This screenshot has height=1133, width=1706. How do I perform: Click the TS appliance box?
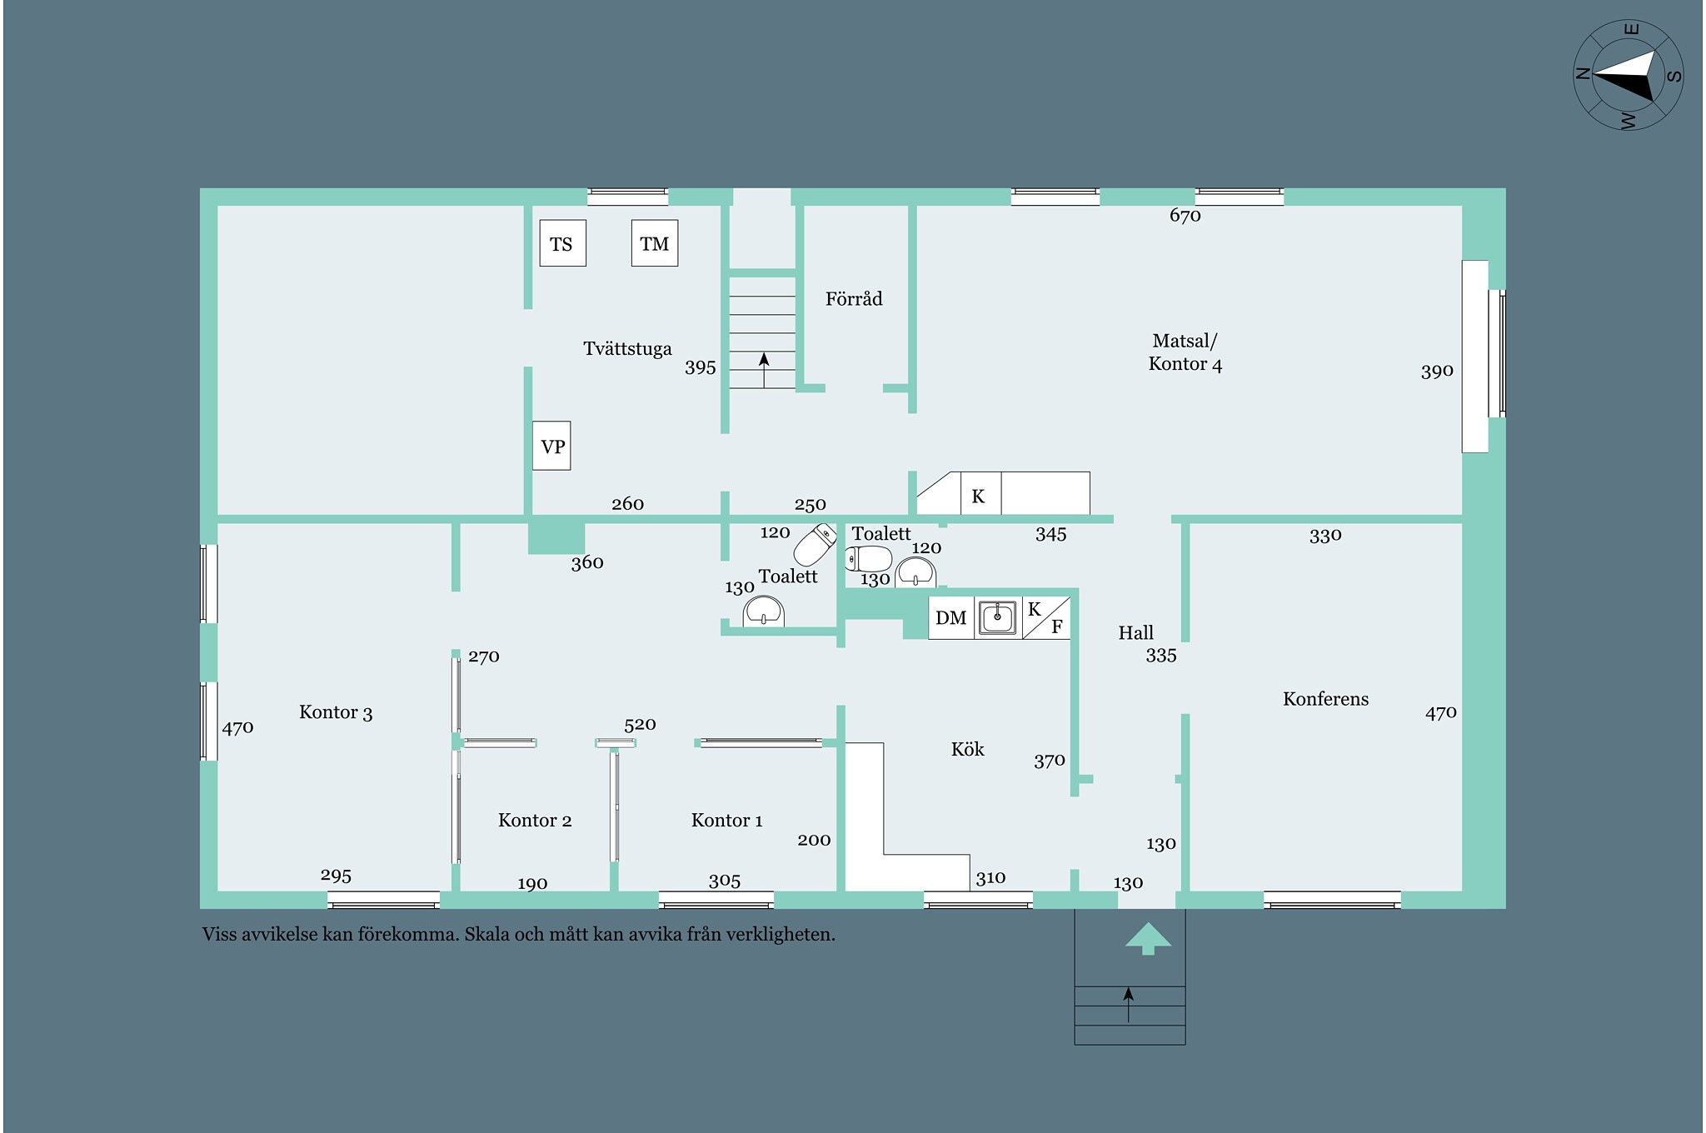(562, 243)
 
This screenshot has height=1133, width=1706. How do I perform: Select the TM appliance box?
(655, 243)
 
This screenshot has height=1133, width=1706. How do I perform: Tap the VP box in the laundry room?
(551, 446)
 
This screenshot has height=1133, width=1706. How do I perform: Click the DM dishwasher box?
(951, 617)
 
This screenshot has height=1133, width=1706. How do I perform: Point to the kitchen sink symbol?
(997, 617)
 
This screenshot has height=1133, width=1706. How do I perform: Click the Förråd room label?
(854, 298)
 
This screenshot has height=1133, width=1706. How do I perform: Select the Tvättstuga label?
(627, 348)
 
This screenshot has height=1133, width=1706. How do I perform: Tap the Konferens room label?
(1325, 699)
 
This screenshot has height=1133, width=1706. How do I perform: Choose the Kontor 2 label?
(535, 821)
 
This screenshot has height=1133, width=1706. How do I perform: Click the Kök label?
(967, 749)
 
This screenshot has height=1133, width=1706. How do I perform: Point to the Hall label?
(1135, 632)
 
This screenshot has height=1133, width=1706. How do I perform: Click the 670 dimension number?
(1185, 216)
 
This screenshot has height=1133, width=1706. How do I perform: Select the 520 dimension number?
(640, 724)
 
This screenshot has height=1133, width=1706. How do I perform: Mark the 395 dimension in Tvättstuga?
(700, 367)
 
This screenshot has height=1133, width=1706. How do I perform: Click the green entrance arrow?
(1148, 938)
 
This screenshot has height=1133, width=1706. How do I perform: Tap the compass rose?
(1628, 75)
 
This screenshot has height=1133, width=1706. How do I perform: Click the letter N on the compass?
(1582, 73)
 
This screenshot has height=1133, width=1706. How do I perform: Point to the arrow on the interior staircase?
(764, 370)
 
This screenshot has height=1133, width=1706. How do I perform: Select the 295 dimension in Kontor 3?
(336, 876)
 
